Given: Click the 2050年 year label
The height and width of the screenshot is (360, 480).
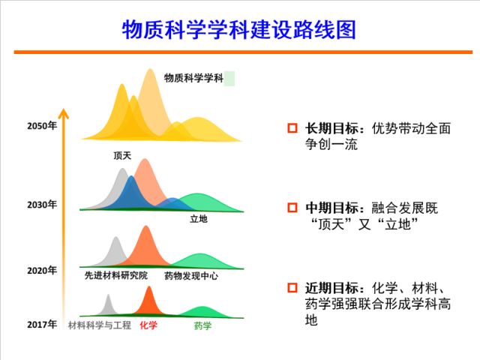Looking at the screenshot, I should (42, 125).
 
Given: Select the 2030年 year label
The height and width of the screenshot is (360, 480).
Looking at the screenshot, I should (42, 204).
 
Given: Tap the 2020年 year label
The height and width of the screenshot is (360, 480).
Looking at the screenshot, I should (42, 269).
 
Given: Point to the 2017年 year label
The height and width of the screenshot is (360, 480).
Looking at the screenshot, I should (42, 325).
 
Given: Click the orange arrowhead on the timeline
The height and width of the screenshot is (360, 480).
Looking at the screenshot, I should (64, 115).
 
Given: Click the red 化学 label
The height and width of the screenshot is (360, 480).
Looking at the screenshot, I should (148, 325).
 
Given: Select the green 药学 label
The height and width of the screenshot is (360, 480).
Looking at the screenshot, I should (202, 325).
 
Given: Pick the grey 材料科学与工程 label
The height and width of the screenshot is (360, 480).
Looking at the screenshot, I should (100, 325).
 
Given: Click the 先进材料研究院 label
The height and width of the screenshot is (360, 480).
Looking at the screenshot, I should (116, 276).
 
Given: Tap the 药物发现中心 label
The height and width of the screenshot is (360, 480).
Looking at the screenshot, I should (191, 276).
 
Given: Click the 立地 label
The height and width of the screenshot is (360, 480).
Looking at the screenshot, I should (199, 219).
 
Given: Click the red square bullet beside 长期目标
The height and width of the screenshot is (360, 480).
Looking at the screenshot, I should (293, 128).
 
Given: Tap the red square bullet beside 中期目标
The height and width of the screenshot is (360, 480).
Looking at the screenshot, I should (293, 208).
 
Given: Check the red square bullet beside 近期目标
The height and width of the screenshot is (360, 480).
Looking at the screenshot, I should (293, 287).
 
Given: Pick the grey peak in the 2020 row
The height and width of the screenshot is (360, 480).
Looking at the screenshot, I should (116, 251).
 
